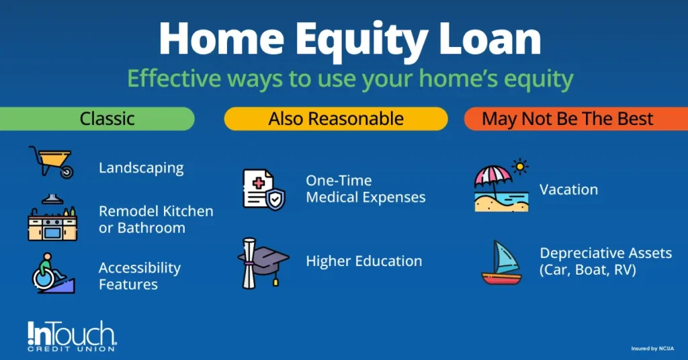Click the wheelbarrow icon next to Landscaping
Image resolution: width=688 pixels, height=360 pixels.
click(51, 162)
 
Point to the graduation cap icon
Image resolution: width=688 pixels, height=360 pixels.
click(263, 259)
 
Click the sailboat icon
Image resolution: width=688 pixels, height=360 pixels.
click(501, 263)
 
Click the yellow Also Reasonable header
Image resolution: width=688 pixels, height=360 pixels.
click(336, 120)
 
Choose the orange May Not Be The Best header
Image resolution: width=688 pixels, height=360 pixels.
click(568, 120)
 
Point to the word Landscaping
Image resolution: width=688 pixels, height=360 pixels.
click(141, 168)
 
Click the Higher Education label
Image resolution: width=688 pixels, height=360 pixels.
click(363, 261)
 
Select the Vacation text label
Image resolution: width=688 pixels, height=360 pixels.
click(568, 189)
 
